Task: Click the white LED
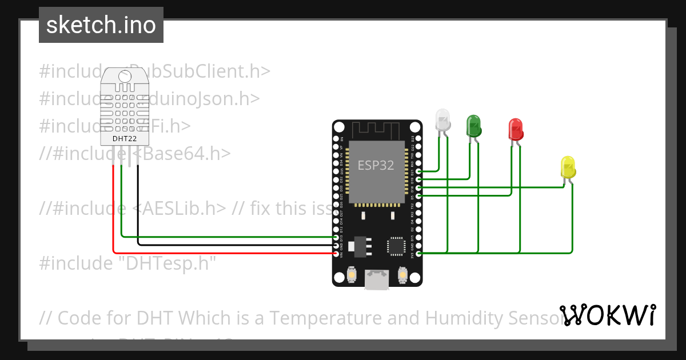(442, 119)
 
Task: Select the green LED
(474, 125)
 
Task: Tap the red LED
(515, 130)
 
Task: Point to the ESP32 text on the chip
(376, 166)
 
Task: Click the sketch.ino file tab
(101, 25)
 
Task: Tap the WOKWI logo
(608, 315)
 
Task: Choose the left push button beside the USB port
(352, 277)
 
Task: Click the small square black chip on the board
(394, 246)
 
